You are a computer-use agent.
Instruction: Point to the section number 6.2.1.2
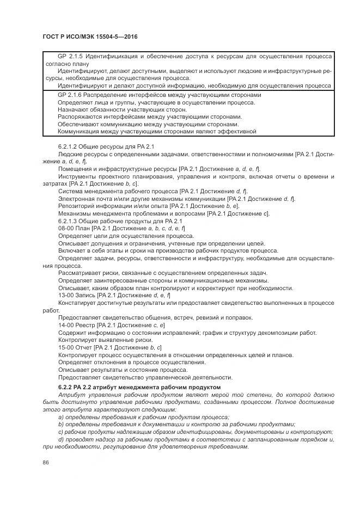(x=69, y=147)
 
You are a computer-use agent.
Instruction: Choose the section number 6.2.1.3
(x=69, y=221)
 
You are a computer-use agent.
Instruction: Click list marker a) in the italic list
(x=61, y=416)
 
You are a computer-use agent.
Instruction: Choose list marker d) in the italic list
(x=61, y=439)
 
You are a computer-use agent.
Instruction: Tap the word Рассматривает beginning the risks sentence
(x=80, y=273)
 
